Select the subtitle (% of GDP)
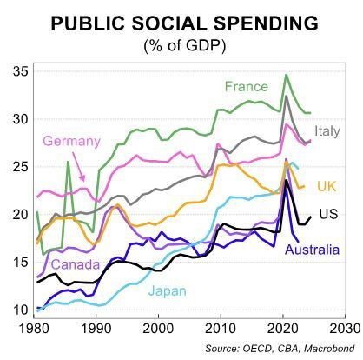(x=181, y=43)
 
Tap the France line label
(x=246, y=86)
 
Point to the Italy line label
(x=327, y=131)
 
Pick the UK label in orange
(x=326, y=186)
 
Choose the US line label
(x=327, y=214)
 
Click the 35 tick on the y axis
(x=18, y=72)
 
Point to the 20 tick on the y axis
(x=18, y=215)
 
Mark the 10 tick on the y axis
(x=18, y=310)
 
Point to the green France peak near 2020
(x=287, y=76)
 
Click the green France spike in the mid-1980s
(x=68, y=163)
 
